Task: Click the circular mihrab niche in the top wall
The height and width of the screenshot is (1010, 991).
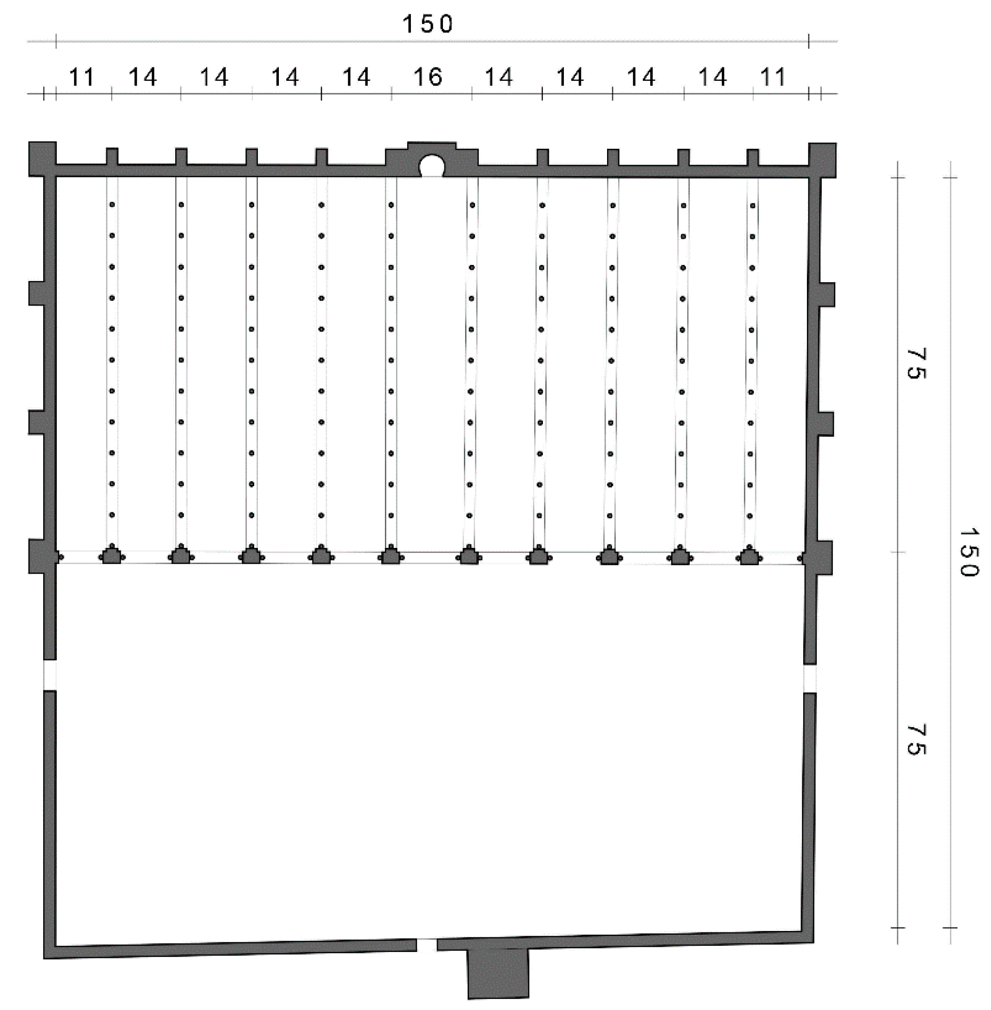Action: (431, 166)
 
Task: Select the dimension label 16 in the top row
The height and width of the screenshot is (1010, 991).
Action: (427, 77)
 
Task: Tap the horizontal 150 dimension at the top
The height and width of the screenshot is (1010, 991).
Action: (427, 24)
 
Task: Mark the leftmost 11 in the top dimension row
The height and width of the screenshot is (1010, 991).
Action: (82, 78)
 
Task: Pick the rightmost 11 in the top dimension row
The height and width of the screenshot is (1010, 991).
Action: (773, 77)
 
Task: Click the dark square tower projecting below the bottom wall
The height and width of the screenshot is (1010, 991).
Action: (498, 972)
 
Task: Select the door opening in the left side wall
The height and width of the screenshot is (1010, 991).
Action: (49, 675)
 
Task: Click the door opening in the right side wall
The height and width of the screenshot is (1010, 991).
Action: (809, 679)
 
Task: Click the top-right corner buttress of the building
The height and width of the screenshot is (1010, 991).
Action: (822, 160)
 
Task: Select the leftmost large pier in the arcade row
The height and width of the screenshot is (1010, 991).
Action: (112, 556)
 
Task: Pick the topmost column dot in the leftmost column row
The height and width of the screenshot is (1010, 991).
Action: (112, 205)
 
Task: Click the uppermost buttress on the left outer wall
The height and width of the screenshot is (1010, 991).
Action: (36, 293)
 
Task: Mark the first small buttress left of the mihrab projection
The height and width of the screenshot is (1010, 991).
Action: (321, 157)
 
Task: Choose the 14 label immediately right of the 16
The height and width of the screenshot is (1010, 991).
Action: (499, 77)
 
